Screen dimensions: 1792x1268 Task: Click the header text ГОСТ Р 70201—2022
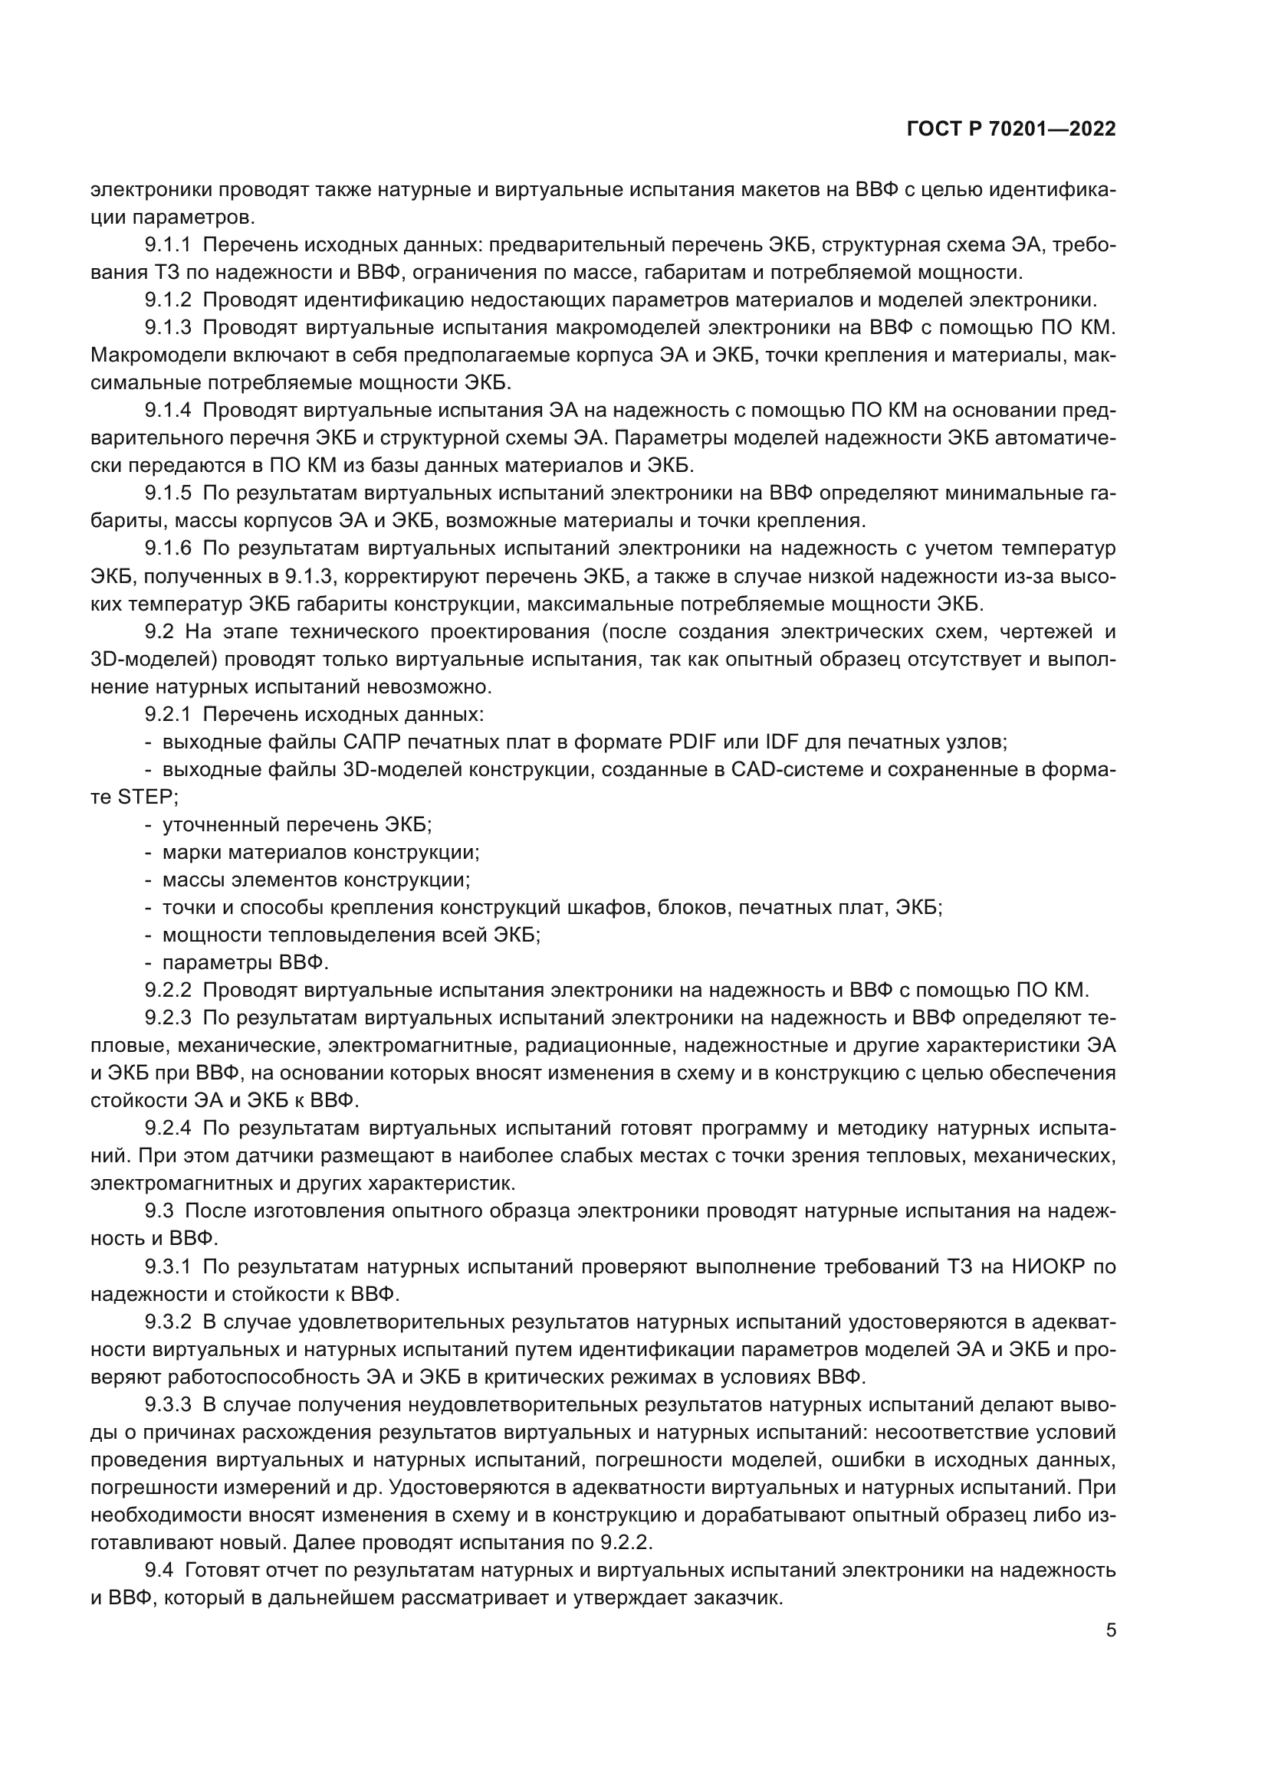coord(1011,129)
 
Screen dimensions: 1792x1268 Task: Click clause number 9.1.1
coord(167,245)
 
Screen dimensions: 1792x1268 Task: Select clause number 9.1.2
coord(167,300)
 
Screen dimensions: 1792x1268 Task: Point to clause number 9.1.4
coord(167,411)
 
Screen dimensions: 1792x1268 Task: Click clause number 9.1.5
coord(167,493)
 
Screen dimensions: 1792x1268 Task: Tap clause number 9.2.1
coord(167,714)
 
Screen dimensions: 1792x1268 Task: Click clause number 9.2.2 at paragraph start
coord(167,991)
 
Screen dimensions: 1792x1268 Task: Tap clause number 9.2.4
coord(167,1128)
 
